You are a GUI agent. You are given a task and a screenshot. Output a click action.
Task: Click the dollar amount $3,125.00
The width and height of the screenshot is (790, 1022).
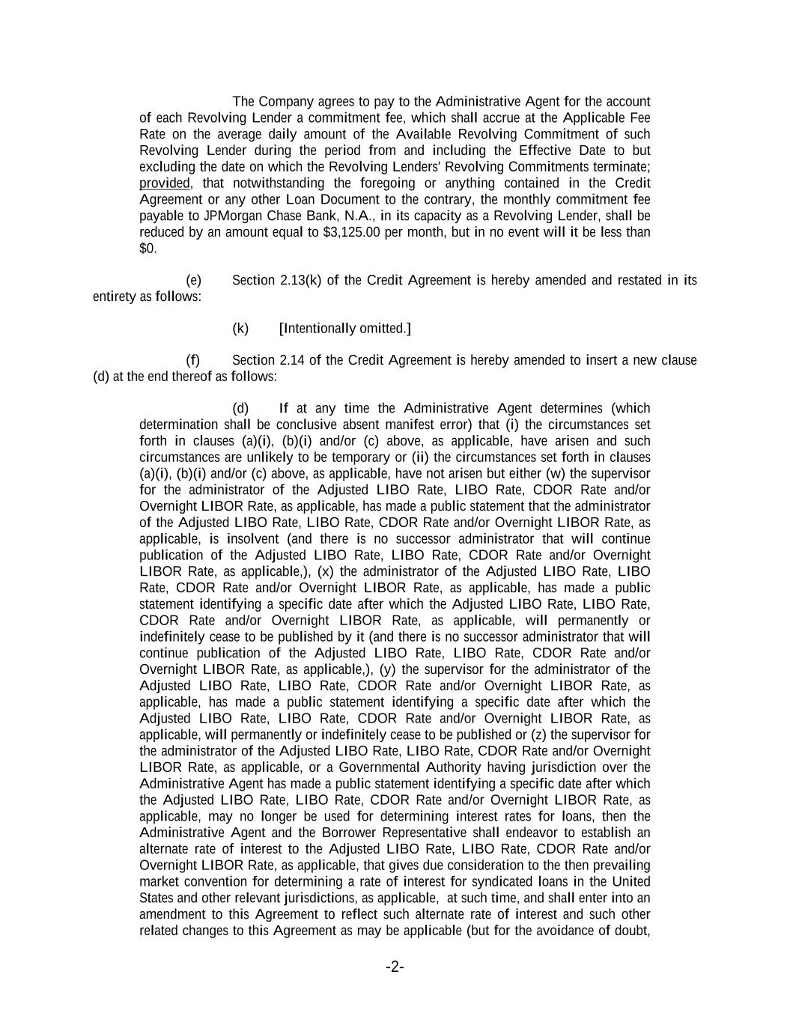click(x=353, y=232)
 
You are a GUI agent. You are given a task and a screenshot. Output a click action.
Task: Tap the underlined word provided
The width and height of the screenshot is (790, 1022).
click(x=165, y=183)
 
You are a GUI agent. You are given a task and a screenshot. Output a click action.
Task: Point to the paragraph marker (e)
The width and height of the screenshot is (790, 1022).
click(x=194, y=281)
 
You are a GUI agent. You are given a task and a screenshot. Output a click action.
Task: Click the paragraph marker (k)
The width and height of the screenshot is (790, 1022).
click(x=240, y=329)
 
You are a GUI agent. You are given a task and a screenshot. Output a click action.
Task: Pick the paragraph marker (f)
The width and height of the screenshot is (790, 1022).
click(x=193, y=361)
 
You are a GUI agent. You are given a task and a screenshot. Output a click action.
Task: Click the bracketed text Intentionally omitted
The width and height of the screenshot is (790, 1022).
click(x=344, y=329)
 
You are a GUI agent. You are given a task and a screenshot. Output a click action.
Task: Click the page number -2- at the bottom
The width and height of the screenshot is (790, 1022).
click(x=395, y=967)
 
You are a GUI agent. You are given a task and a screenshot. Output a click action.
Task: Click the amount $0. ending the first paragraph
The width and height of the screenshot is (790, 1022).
click(x=148, y=249)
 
